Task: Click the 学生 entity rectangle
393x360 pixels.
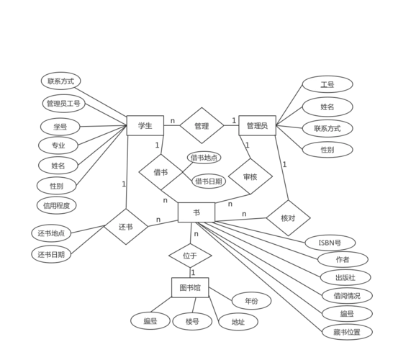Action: point(145,126)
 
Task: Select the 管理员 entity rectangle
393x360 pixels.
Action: point(257,126)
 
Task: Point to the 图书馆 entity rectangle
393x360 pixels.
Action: point(191,288)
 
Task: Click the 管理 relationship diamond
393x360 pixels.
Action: point(202,126)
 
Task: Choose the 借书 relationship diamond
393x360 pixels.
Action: point(161,173)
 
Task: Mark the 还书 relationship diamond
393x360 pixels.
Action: point(126,226)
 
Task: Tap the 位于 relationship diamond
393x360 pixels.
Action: point(190,255)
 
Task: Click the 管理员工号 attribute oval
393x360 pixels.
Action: point(63,104)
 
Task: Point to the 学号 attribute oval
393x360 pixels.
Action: point(58,127)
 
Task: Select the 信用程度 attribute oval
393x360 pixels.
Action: point(56,205)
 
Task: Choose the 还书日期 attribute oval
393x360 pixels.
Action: point(52,254)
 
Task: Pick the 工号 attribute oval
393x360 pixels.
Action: point(327,84)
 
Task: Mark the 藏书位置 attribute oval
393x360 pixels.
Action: point(347,332)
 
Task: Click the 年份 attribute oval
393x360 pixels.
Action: point(251,301)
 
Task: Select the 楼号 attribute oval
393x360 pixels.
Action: point(191,321)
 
